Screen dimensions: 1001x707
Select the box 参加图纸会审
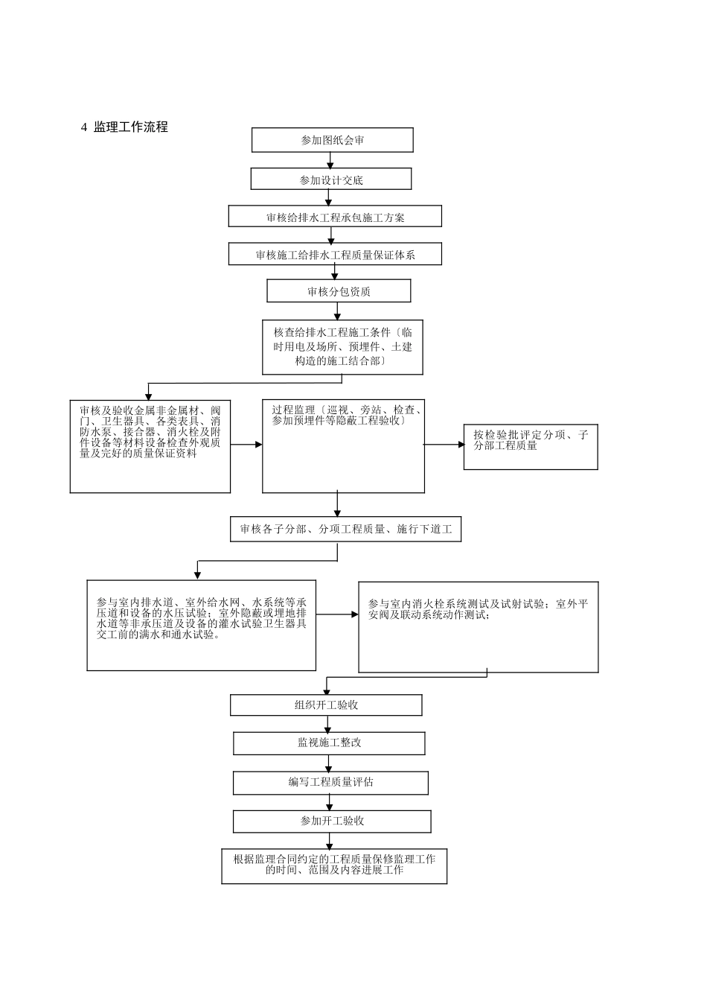(332, 140)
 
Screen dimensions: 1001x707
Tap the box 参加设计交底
(331, 179)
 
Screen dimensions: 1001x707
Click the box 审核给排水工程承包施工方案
(335, 217)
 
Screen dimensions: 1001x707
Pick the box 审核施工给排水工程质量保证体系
(335, 255)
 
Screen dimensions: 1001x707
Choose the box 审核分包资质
(339, 291)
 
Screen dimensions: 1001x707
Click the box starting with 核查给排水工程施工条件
(342, 347)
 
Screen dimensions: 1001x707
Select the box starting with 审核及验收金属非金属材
(150, 445)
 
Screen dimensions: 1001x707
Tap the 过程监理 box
(343, 445)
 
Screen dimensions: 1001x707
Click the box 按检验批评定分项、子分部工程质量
(531, 447)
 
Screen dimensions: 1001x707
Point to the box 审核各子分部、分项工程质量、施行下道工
(345, 530)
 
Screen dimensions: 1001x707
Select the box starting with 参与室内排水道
(201, 625)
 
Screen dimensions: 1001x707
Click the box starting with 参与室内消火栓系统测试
(478, 626)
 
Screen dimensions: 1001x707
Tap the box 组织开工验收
(326, 705)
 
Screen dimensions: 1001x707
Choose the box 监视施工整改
(329, 743)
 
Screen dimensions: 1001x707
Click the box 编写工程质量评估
(330, 783)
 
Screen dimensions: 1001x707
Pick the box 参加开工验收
(332, 822)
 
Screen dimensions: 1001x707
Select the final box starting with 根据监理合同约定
(334, 865)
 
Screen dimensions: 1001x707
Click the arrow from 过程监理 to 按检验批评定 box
(444, 445)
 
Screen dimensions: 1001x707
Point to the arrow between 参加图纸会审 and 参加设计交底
(330, 160)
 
